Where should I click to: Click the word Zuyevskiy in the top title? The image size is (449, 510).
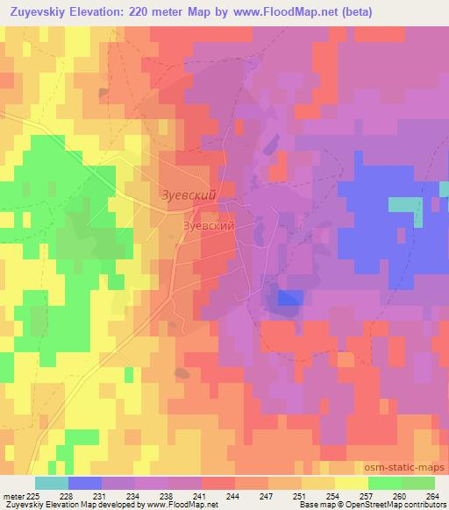40,11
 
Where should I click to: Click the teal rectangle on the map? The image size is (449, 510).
404,205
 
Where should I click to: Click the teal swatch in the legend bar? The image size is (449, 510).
52,483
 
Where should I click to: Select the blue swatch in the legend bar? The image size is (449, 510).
85,483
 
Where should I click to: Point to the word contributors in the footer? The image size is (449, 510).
424,505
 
